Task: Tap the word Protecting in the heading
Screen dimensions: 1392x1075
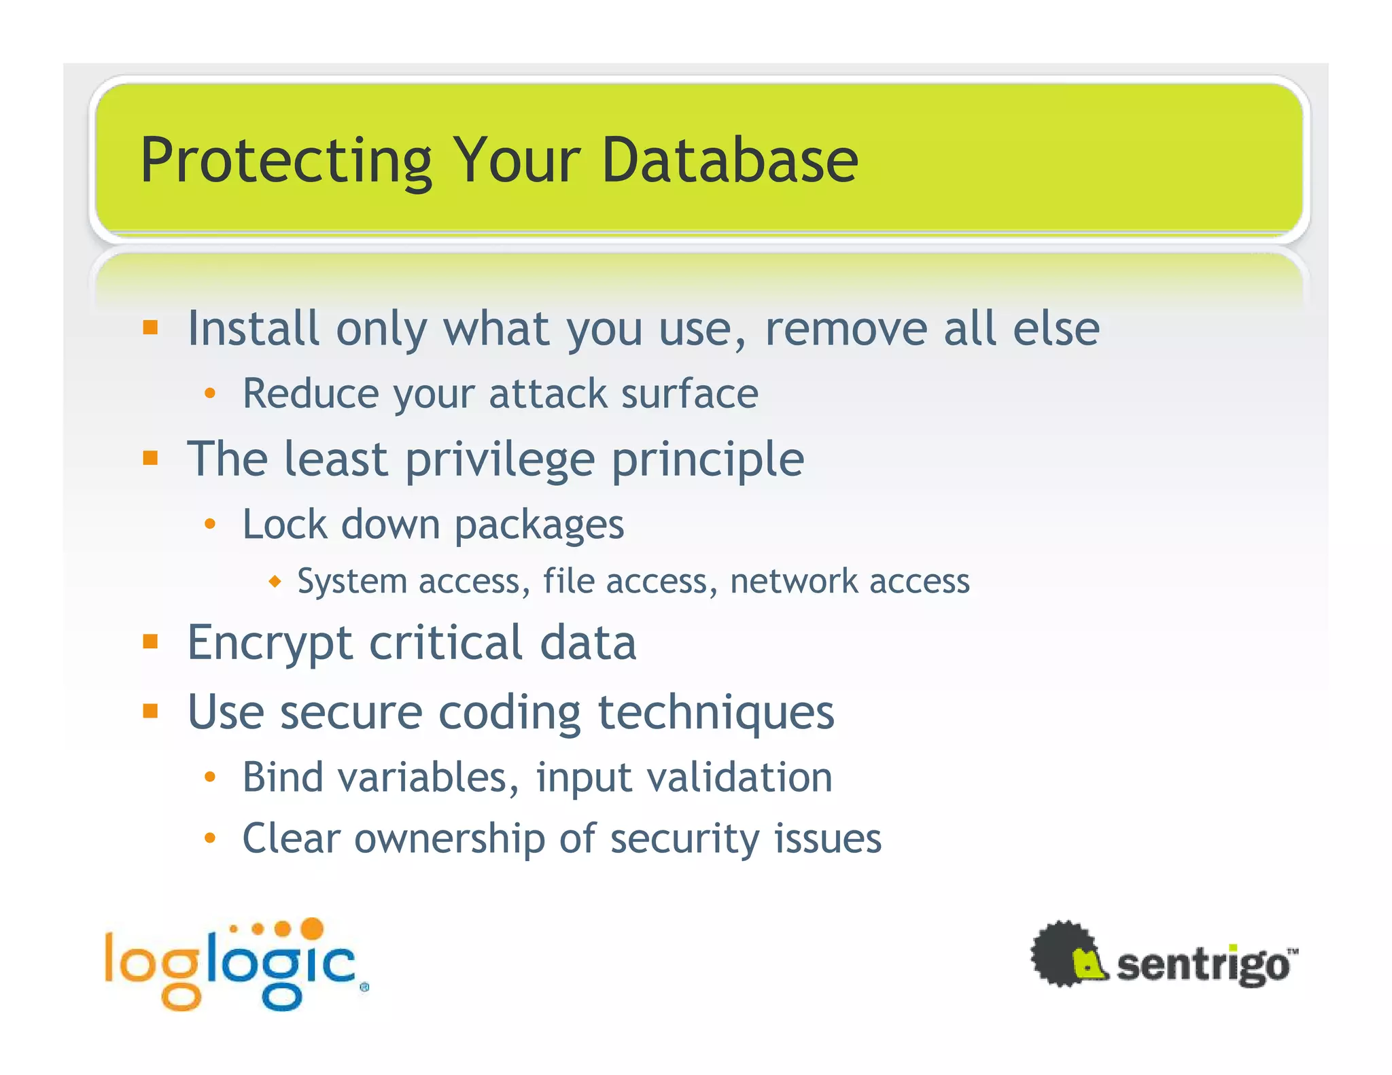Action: point(286,162)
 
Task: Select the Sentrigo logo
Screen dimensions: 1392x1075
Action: point(1164,955)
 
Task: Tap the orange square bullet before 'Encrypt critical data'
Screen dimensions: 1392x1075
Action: point(150,641)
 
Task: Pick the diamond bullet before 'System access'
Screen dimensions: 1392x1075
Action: point(275,582)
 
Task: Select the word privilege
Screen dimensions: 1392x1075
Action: point(500,461)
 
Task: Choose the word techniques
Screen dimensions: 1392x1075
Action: point(716,712)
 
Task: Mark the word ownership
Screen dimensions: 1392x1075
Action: point(449,839)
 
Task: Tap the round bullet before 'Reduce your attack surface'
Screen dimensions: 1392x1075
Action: point(210,393)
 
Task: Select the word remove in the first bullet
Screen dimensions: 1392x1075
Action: point(846,329)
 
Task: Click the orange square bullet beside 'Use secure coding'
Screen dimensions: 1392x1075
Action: point(150,711)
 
